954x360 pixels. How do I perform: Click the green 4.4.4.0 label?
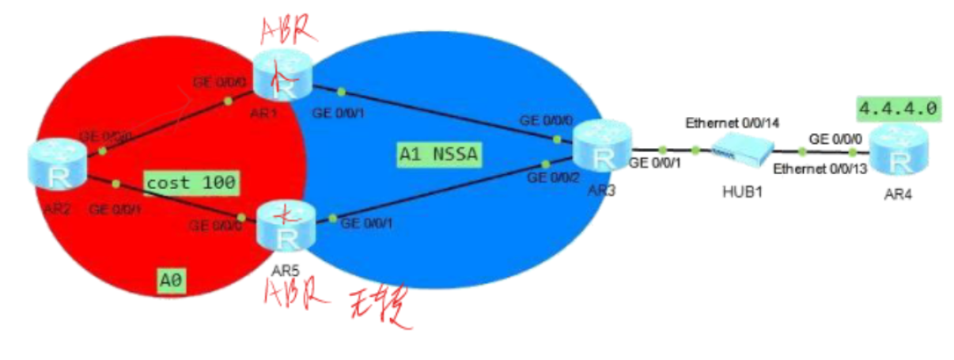pos(900,109)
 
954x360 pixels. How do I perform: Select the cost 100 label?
pos(190,183)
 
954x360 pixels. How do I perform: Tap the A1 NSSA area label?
pos(435,154)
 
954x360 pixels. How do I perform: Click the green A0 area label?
pos(172,279)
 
